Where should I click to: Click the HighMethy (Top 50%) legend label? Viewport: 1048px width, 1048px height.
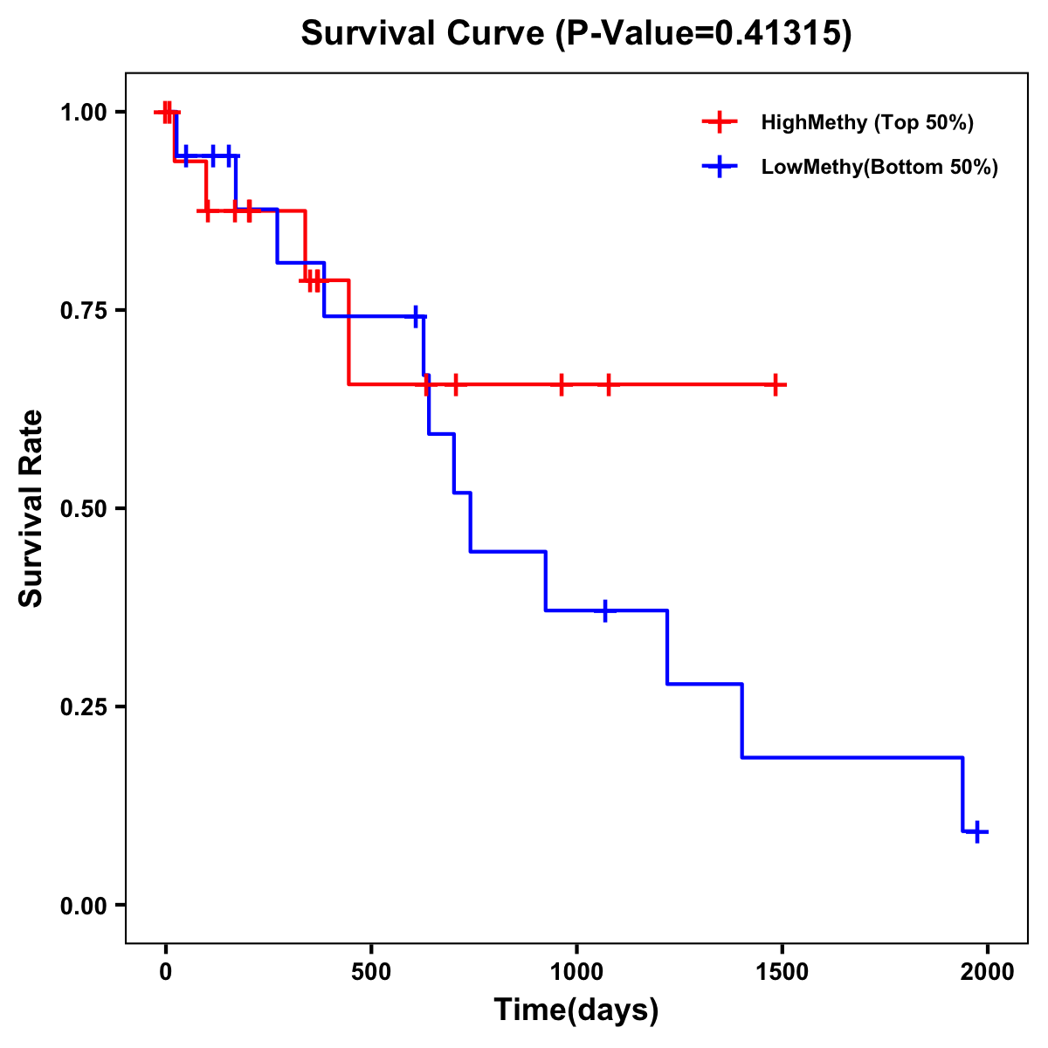(866, 122)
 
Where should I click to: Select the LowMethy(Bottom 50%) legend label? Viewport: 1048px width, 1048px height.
(879, 167)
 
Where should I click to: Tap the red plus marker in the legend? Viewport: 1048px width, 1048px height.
(720, 122)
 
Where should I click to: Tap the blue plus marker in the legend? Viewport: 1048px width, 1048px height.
(720, 167)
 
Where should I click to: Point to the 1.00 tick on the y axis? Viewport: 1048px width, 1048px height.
(84, 113)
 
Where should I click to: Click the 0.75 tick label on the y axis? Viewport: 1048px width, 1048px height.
(84, 311)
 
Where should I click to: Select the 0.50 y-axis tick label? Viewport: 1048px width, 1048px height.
(84, 509)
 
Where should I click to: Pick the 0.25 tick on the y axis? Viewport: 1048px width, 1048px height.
(84, 707)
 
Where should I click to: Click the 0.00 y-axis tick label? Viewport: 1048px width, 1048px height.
(84, 906)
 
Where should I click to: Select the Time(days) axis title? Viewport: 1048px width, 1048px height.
(576, 1010)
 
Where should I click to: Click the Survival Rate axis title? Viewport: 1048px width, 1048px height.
(31, 508)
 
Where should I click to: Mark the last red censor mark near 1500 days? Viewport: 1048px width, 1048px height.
(775, 384)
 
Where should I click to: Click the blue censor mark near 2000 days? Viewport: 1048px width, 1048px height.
(977, 831)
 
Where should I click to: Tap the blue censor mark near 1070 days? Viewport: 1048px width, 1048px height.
(604, 610)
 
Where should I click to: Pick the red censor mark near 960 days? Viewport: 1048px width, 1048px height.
(561, 384)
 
